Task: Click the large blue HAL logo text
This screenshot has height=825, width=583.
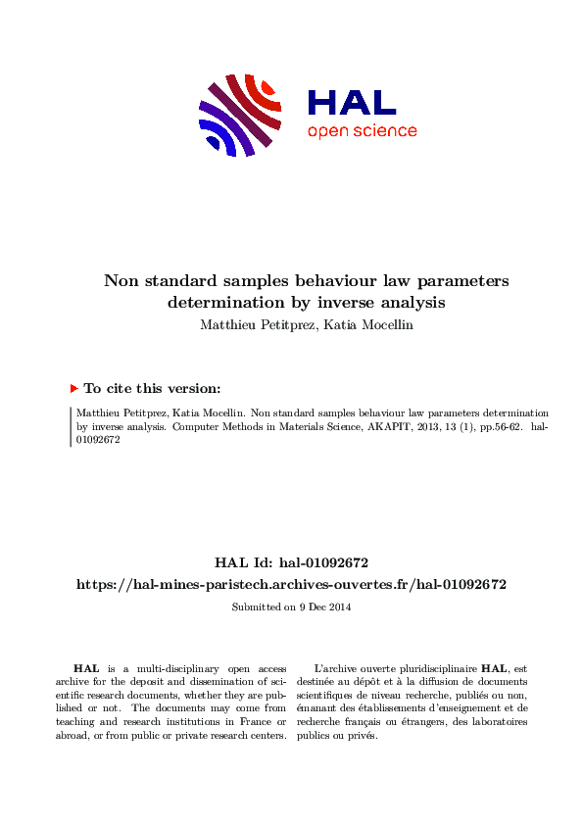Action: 351,102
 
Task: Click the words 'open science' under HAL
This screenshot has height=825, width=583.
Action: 362,131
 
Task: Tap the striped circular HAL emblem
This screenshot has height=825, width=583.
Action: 241,114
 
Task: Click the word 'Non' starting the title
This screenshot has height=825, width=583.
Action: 121,281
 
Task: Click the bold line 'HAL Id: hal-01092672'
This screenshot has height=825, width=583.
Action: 291,562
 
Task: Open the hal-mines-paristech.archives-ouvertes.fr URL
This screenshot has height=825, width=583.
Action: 291,584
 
